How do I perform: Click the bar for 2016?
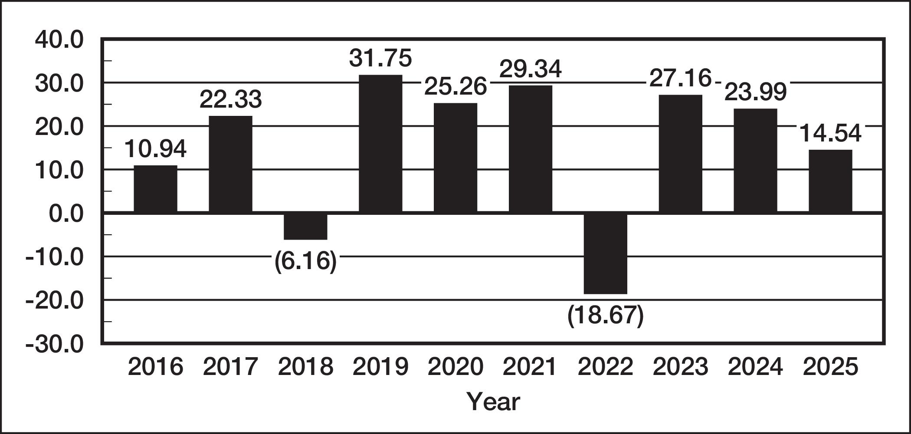155,189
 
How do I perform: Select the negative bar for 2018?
305,226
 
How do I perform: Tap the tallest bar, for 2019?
380,144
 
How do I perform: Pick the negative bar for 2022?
606,253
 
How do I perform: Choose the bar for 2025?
830,181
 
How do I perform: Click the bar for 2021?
531,149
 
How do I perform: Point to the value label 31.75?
380,58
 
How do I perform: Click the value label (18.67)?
606,316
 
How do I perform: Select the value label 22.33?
231,99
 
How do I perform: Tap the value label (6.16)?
305,261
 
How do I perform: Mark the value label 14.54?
830,133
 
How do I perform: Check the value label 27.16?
680,79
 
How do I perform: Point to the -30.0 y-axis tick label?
55,345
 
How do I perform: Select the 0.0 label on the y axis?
66,214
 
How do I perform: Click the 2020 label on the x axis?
455,367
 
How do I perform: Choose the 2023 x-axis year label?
680,367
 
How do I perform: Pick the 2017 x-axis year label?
231,367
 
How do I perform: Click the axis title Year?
493,401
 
